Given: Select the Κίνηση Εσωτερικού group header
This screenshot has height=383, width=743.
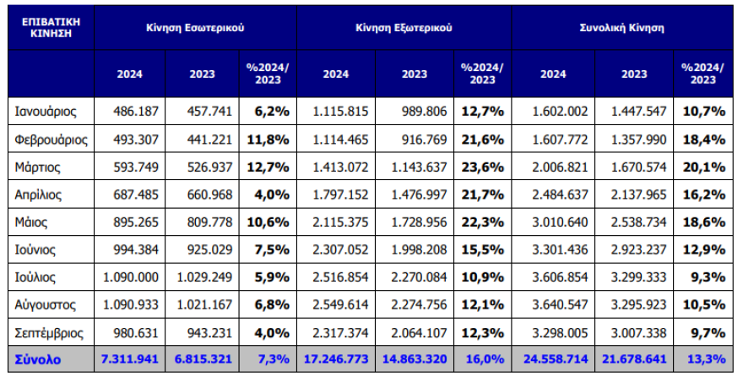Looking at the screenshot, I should click(195, 27).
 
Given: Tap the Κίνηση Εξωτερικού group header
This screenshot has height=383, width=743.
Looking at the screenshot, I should click(404, 27).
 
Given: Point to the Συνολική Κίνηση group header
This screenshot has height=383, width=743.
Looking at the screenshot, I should click(621, 27).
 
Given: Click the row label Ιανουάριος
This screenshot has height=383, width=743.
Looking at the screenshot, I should click(46, 111).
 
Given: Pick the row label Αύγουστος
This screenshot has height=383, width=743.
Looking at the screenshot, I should click(47, 304).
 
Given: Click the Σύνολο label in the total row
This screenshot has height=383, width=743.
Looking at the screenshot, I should click(38, 359).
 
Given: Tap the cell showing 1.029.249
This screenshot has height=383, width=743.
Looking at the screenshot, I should click(203, 276).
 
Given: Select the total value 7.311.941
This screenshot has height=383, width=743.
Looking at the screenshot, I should click(130, 359).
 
